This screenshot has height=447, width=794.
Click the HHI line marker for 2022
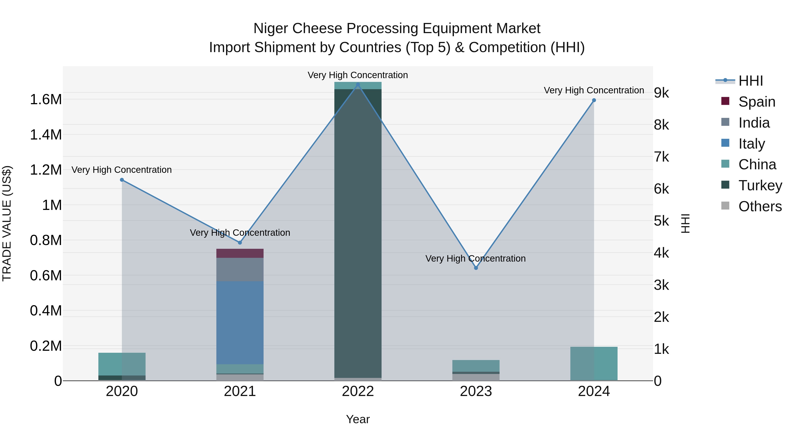(358, 85)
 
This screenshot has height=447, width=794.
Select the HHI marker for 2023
(476, 268)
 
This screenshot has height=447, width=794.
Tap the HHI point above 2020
(122, 180)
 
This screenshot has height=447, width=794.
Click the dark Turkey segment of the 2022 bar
(358, 231)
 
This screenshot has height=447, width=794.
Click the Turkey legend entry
(760, 185)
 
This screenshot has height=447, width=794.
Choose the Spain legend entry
(757, 102)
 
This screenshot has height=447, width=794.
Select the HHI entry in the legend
(751, 81)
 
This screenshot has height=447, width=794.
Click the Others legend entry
(760, 206)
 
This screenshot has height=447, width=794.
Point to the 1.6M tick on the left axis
(46, 100)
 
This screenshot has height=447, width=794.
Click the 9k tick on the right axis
(661, 93)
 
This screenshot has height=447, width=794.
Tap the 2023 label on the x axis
(476, 391)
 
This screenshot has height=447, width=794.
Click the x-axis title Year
(358, 419)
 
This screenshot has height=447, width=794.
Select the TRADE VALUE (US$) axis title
(7, 223)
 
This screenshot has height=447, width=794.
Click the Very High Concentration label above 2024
(594, 90)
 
